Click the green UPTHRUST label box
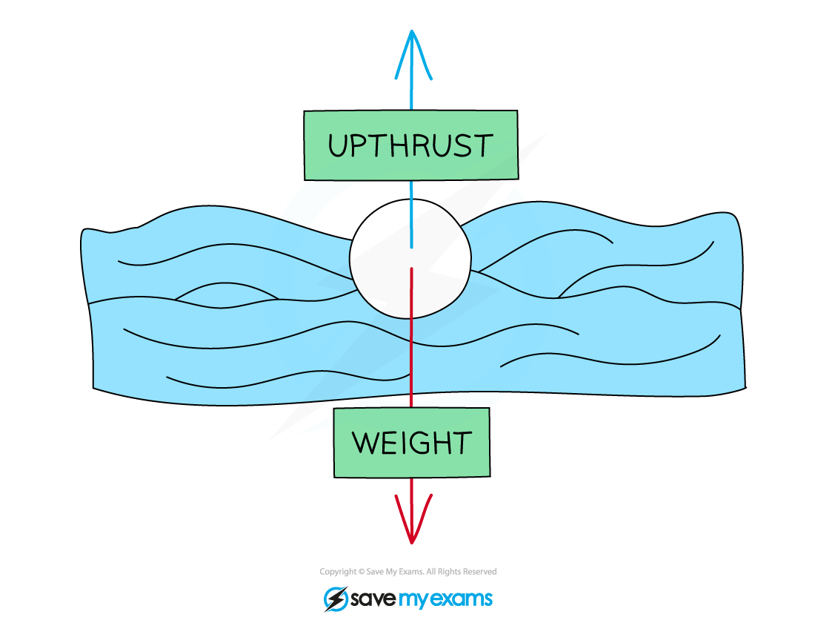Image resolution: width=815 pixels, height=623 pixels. coord(410,145)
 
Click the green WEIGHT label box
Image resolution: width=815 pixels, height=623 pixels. coord(412,443)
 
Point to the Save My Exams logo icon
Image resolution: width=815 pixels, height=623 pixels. coord(336,599)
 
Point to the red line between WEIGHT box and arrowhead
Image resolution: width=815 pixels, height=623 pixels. coord(412,493)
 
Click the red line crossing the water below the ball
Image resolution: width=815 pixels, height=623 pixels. coord(411,356)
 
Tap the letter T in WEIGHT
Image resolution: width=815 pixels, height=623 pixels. coord(461,444)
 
